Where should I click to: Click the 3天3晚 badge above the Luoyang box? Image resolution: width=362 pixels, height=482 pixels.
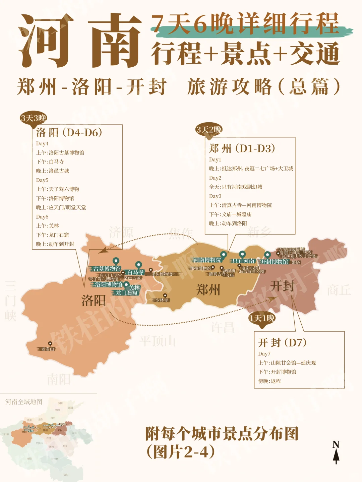click(33, 118)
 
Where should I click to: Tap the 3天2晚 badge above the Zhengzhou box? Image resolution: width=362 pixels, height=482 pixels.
click(209, 130)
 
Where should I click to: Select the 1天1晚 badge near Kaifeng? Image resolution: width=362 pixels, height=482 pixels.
click(262, 318)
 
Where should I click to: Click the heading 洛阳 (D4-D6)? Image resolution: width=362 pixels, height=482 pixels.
click(69, 132)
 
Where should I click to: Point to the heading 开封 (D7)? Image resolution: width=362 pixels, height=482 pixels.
click(282, 342)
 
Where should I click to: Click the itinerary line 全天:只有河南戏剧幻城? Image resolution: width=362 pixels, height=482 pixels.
click(236, 187)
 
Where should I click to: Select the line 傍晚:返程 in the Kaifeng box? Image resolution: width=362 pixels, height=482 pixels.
click(269, 381)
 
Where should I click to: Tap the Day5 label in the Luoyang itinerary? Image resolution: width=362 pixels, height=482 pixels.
click(42, 180)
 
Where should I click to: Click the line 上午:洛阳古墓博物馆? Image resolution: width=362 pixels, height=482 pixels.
click(60, 152)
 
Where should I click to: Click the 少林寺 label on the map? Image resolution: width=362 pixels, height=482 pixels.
click(162, 300)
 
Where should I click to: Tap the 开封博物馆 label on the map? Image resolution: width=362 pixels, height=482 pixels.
click(275, 262)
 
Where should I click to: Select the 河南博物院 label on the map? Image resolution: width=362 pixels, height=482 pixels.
click(207, 260)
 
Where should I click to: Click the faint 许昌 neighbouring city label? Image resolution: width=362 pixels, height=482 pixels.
click(223, 327)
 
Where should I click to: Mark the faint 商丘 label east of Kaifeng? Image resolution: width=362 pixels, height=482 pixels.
click(339, 290)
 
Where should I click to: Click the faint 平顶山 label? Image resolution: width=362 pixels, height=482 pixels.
click(158, 341)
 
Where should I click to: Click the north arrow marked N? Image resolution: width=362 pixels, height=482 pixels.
click(336, 452)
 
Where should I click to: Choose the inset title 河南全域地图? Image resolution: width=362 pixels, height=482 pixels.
click(24, 402)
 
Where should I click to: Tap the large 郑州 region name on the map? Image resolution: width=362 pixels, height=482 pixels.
click(208, 289)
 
